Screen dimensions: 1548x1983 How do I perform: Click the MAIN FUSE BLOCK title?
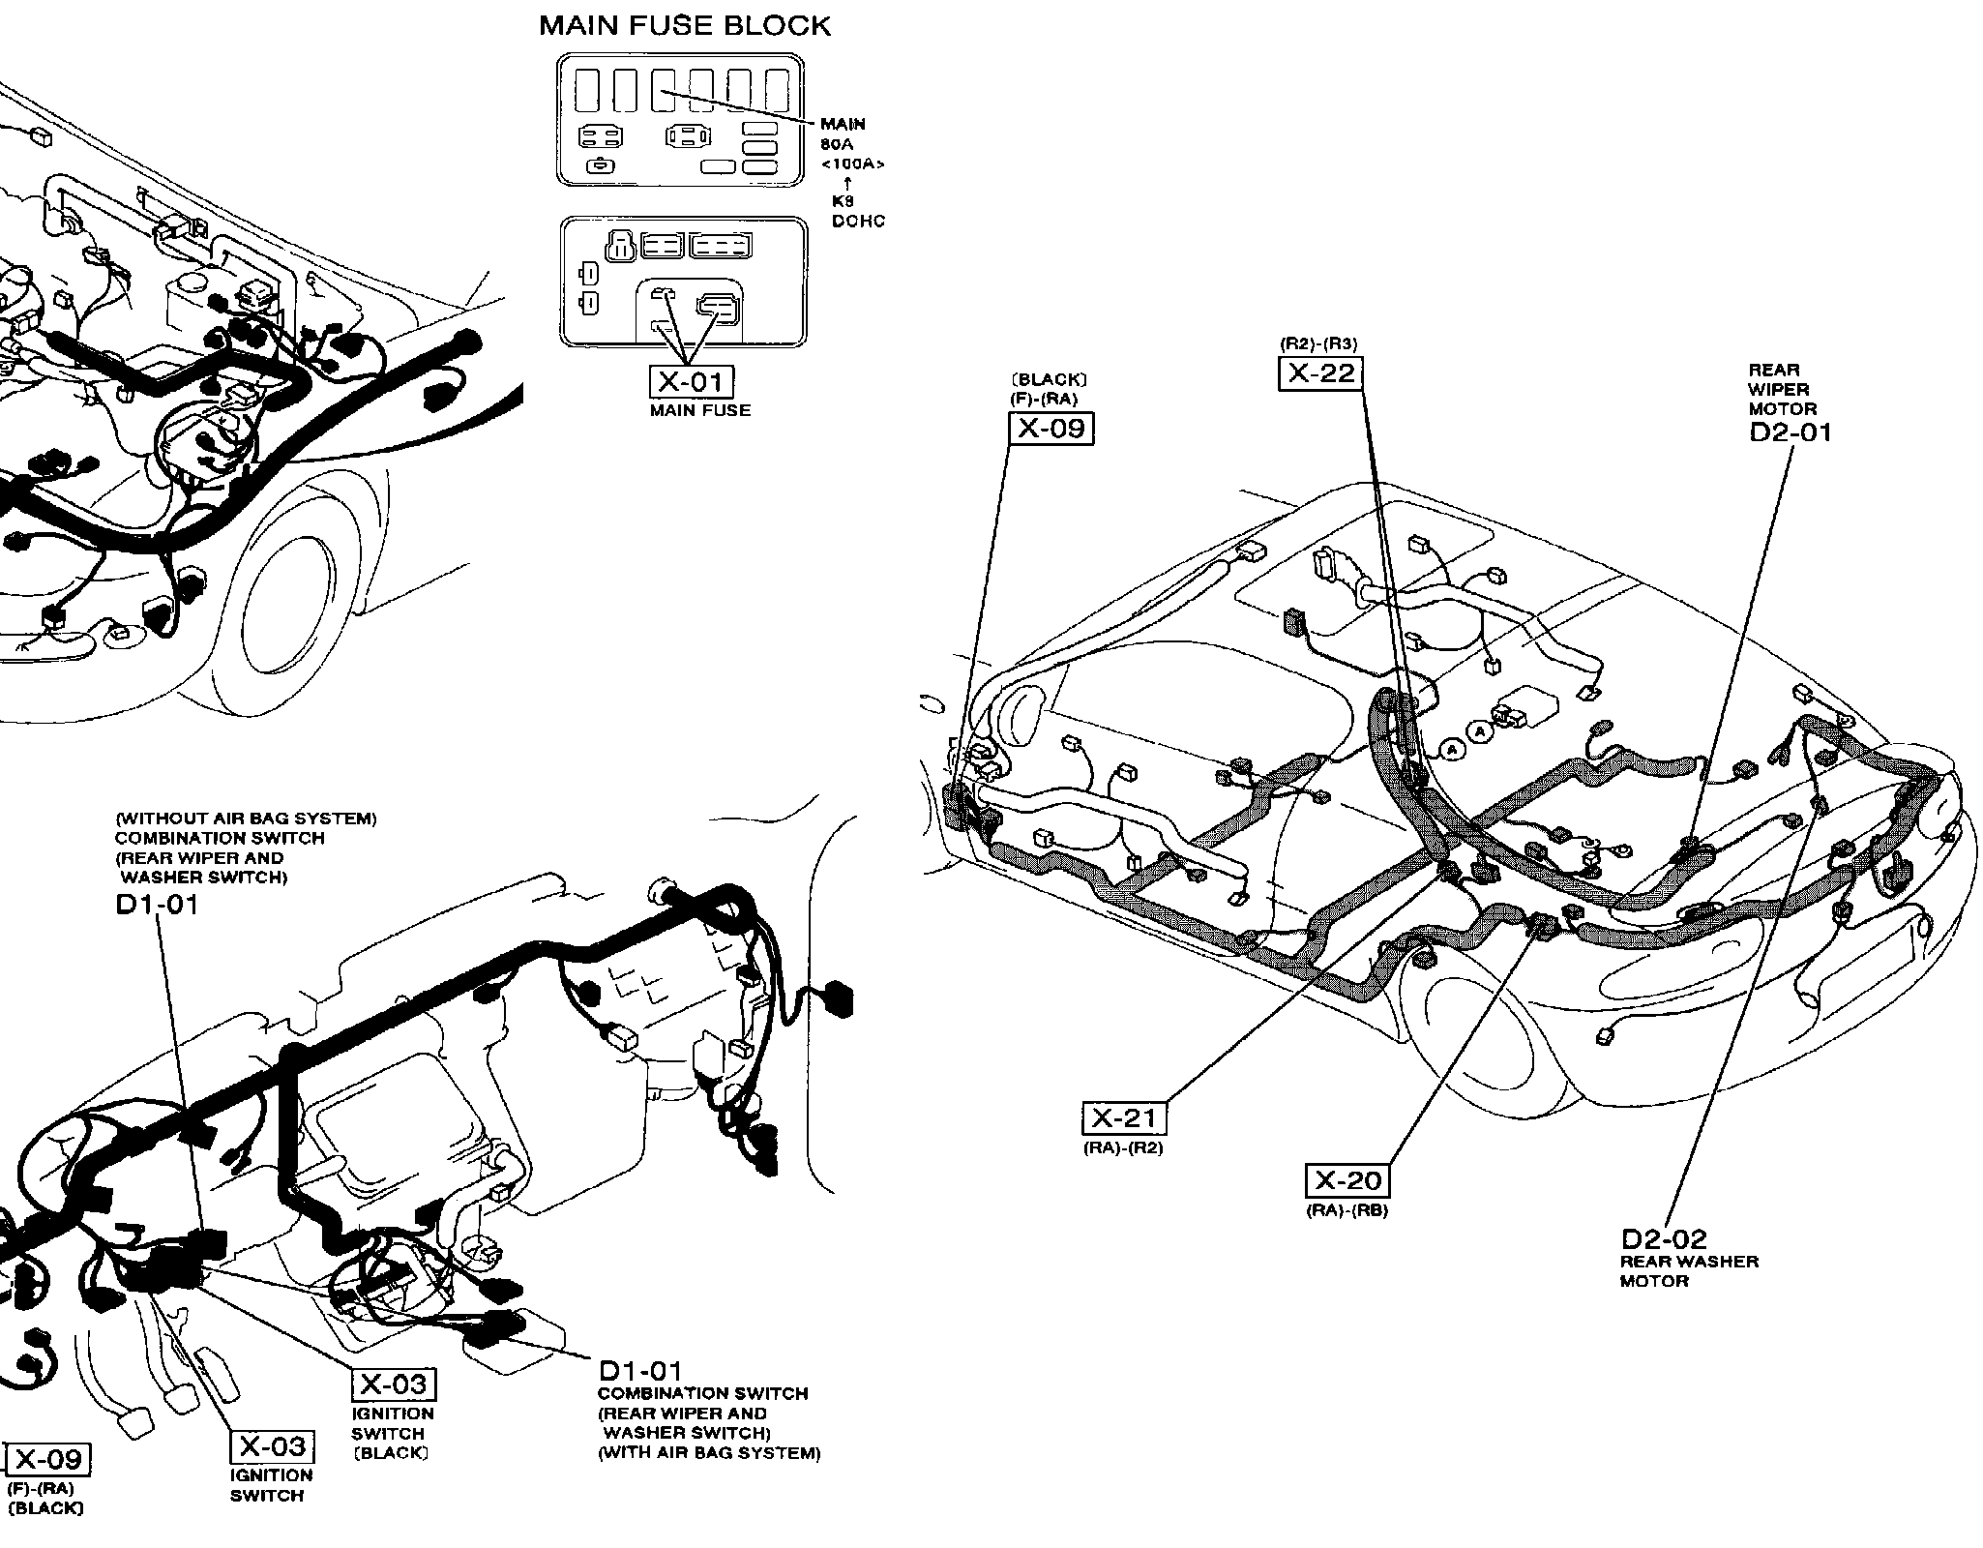point(684,25)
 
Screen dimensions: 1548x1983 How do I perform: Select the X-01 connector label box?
point(691,382)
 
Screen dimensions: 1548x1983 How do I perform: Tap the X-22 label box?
point(1321,372)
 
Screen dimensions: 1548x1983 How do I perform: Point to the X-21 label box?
point(1123,1118)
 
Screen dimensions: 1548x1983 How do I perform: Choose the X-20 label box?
point(1348,1180)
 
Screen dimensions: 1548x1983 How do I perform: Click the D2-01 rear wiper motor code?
point(1791,432)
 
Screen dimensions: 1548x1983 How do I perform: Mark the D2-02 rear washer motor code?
point(1664,1238)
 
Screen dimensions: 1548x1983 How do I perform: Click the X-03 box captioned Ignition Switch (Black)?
point(393,1384)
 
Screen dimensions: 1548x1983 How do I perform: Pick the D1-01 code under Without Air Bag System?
point(157,905)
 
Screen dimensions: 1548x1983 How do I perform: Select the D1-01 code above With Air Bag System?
point(640,1371)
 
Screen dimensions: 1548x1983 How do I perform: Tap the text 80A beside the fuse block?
point(838,144)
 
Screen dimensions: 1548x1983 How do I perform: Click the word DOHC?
point(858,222)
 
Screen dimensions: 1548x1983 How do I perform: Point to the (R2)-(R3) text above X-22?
point(1318,343)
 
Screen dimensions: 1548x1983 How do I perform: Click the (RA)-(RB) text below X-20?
point(1347,1209)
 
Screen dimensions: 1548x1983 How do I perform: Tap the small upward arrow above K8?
point(848,182)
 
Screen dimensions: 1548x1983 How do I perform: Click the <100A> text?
point(852,164)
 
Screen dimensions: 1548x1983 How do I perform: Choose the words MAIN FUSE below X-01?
point(700,410)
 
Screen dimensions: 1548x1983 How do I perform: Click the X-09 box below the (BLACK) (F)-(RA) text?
point(1051,428)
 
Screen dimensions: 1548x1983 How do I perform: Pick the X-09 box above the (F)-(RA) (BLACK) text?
point(48,1459)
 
